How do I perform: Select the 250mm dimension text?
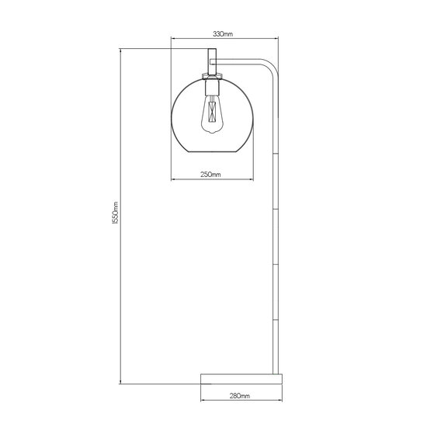point(210,175)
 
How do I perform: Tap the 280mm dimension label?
point(241,397)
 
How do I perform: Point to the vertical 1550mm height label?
point(114,213)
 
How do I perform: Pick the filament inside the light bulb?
point(210,116)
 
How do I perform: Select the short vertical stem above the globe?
point(210,61)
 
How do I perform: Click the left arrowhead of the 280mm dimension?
point(201,401)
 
